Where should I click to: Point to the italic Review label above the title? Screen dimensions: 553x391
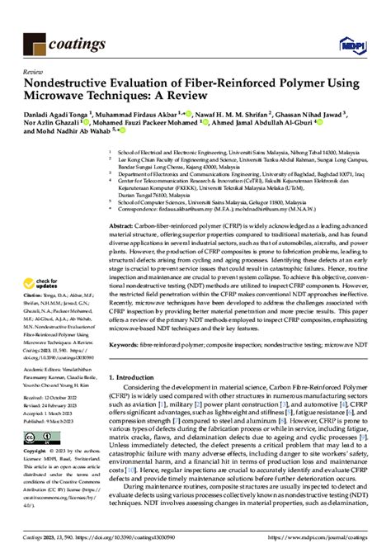[x=34, y=73]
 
